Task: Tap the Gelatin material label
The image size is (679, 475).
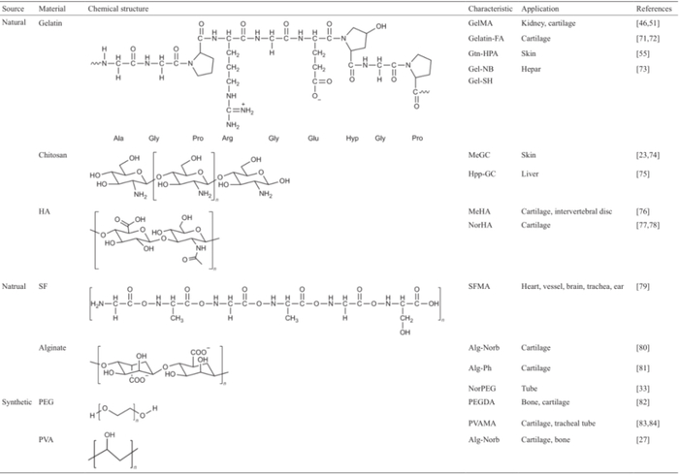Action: [x=50, y=20]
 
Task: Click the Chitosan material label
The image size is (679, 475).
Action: [x=53, y=154]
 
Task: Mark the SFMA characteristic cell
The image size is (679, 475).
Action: [x=479, y=286]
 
